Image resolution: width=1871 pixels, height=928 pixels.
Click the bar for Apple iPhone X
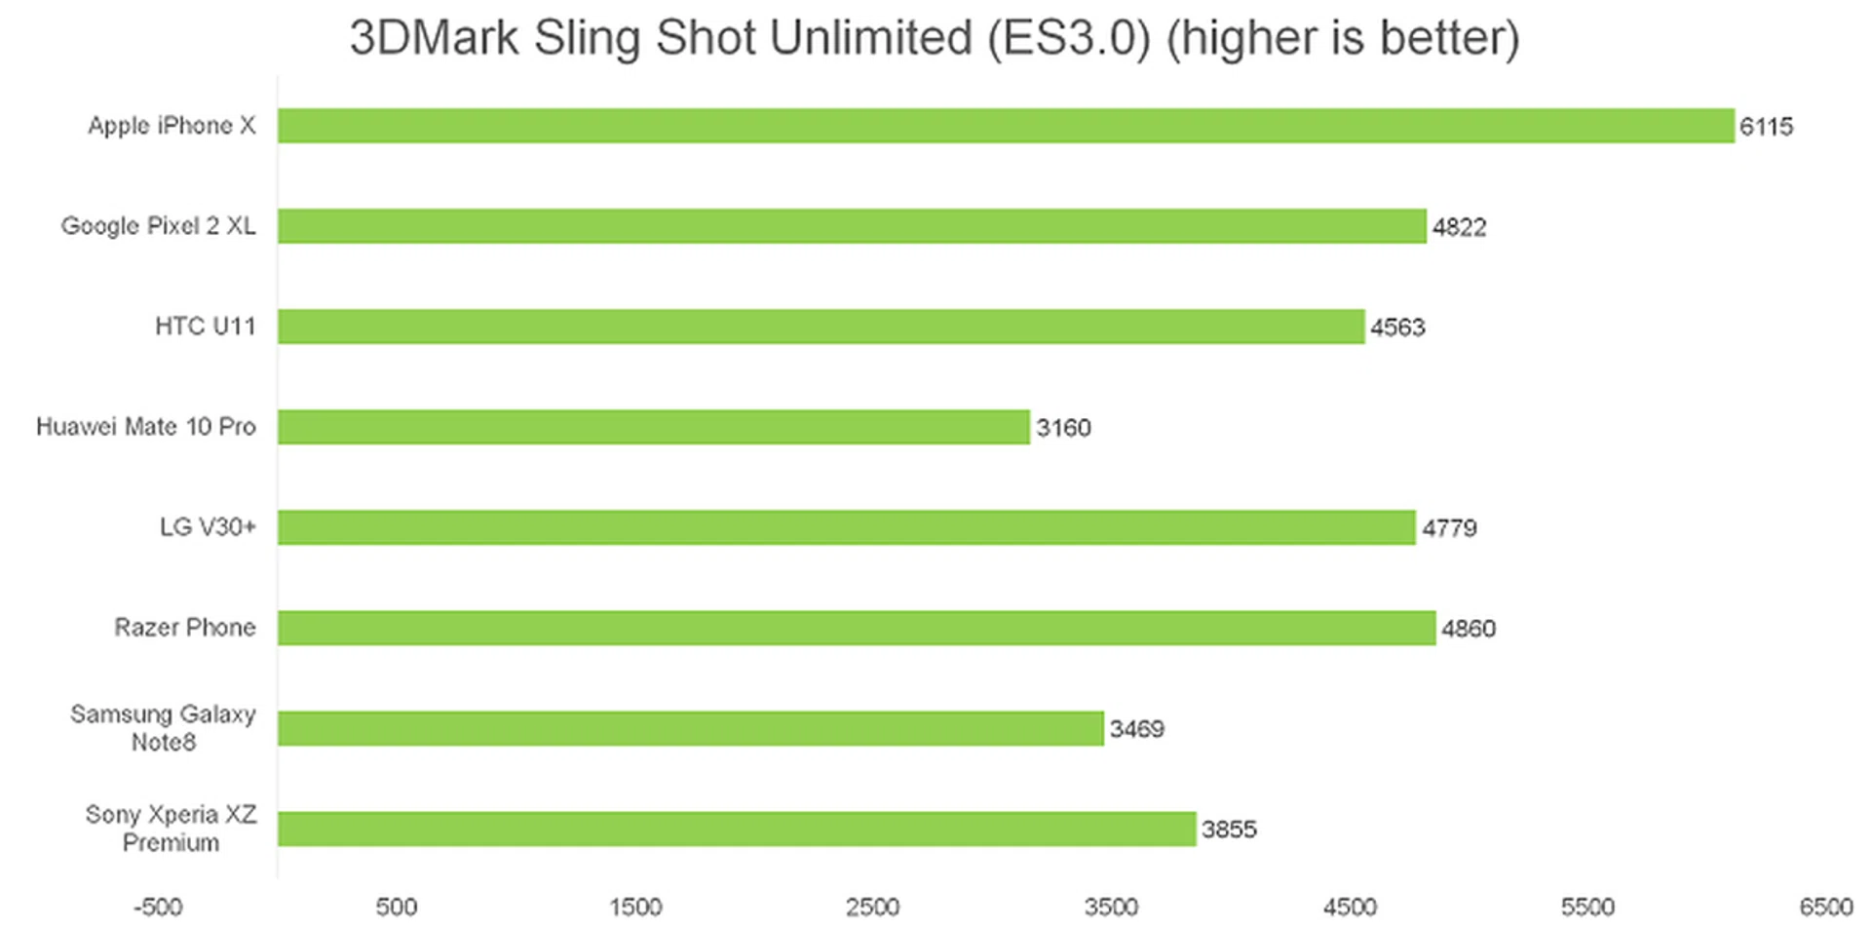[x=1006, y=126]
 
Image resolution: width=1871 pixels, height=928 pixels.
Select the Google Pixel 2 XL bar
[x=852, y=226]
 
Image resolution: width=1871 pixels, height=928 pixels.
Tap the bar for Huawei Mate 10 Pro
[x=653, y=427]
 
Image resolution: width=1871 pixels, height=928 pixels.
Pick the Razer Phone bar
[x=857, y=628]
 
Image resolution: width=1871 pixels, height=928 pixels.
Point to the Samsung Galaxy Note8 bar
[x=690, y=728]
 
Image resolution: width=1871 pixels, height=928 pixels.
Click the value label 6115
[x=1766, y=127]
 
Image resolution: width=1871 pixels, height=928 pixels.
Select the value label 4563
[x=1397, y=328]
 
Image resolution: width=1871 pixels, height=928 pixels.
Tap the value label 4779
[x=1449, y=528]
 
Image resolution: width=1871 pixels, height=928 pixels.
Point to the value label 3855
[x=1229, y=830]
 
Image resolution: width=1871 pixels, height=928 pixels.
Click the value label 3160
[x=1063, y=428]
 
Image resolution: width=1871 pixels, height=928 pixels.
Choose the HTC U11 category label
[x=205, y=327]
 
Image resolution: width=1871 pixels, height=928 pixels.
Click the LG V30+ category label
[x=208, y=527]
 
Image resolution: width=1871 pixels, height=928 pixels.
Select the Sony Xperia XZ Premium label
[x=171, y=829]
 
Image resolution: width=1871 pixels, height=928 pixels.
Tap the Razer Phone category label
[x=185, y=627]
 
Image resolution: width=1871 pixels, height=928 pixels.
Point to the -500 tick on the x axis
[x=158, y=908]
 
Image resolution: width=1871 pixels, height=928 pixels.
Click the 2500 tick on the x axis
[x=872, y=908]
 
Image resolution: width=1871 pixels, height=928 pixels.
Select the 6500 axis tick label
[x=1825, y=908]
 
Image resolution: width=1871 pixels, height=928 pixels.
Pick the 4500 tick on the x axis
[x=1350, y=908]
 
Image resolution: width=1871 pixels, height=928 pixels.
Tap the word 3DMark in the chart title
[x=434, y=39]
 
